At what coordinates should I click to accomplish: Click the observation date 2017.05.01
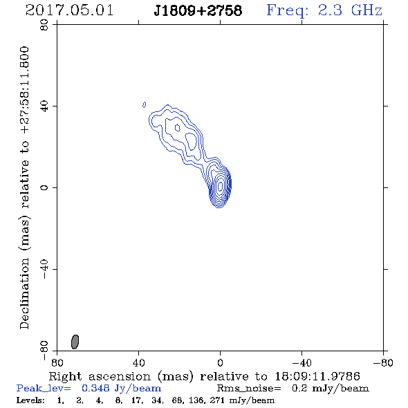[69, 10]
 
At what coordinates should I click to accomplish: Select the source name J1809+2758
[198, 10]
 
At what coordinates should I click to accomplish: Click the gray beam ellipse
[75, 342]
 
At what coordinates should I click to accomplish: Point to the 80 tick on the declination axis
[44, 25]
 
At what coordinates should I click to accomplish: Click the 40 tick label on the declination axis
[44, 106]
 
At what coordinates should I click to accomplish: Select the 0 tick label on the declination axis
[44, 187]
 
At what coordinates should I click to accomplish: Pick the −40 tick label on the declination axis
[44, 269]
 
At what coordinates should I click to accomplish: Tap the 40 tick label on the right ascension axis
[138, 362]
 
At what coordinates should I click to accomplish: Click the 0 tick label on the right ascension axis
[220, 362]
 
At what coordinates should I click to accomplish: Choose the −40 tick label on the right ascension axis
[302, 362]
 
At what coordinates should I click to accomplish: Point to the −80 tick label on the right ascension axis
[383, 362]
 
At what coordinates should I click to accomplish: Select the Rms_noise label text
[249, 388]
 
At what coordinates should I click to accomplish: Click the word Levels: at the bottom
[30, 400]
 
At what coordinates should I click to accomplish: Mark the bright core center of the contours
[220, 186]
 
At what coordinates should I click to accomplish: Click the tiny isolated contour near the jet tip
[144, 104]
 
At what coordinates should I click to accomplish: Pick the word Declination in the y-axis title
[24, 293]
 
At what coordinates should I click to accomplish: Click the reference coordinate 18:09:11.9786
[317, 376]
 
